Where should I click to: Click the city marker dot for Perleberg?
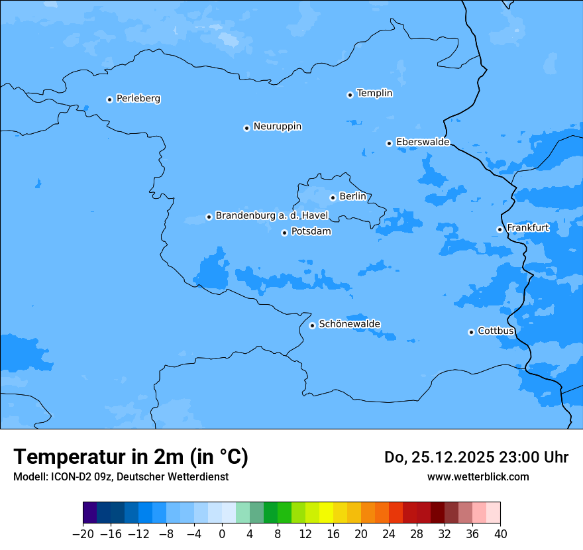click(x=109, y=99)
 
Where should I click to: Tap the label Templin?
click(x=374, y=93)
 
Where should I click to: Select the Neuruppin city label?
click(x=277, y=127)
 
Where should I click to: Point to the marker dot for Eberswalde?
click(x=390, y=143)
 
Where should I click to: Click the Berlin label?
click(x=352, y=197)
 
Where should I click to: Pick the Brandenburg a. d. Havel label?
click(x=272, y=216)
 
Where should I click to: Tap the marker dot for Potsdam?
click(x=284, y=233)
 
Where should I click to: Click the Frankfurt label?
click(x=527, y=228)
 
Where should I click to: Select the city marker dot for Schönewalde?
click(x=312, y=325)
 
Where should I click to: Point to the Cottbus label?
click(x=496, y=331)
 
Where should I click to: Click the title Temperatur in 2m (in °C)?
click(x=131, y=457)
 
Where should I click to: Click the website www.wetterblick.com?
click(x=478, y=476)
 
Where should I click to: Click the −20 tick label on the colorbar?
click(x=83, y=534)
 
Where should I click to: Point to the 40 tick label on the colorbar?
click(x=500, y=534)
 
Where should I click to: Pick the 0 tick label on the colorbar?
click(x=222, y=534)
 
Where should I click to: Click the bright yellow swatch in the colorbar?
click(x=327, y=513)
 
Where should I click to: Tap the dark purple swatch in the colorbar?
click(x=90, y=513)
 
